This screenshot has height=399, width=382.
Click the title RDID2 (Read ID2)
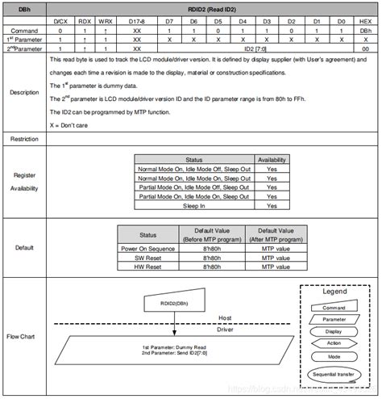pyautogui.click(x=213, y=7)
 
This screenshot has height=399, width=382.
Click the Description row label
pyautogui.click(x=23, y=92)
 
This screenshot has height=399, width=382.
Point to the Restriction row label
pyautogui.click(x=23, y=140)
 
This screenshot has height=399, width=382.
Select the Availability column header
pyautogui.click(x=272, y=160)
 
